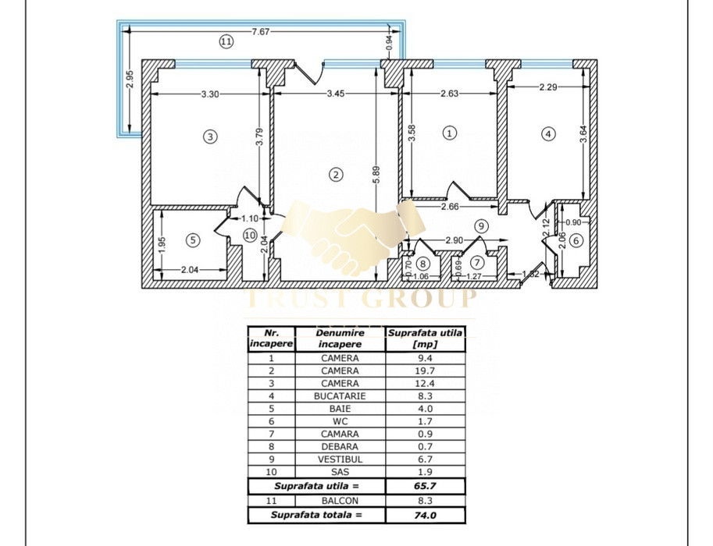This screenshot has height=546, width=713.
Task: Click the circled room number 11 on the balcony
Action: coord(226,42)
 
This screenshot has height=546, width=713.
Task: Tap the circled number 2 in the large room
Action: coord(336,175)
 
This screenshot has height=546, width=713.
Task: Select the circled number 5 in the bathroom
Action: coord(193,240)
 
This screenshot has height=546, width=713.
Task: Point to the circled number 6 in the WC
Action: coord(576,241)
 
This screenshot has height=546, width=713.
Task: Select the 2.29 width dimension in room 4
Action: coord(547,88)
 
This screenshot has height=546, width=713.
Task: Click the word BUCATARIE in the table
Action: coord(340,396)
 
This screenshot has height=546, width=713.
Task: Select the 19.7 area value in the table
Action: coord(425,371)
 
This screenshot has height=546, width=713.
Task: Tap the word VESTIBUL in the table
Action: coord(340,459)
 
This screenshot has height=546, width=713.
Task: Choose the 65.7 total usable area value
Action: coord(425,486)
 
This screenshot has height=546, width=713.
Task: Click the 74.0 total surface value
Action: coord(425,516)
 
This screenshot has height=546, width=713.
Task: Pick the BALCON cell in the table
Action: coord(340,501)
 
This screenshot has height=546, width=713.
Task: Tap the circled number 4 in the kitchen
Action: coord(548,133)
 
